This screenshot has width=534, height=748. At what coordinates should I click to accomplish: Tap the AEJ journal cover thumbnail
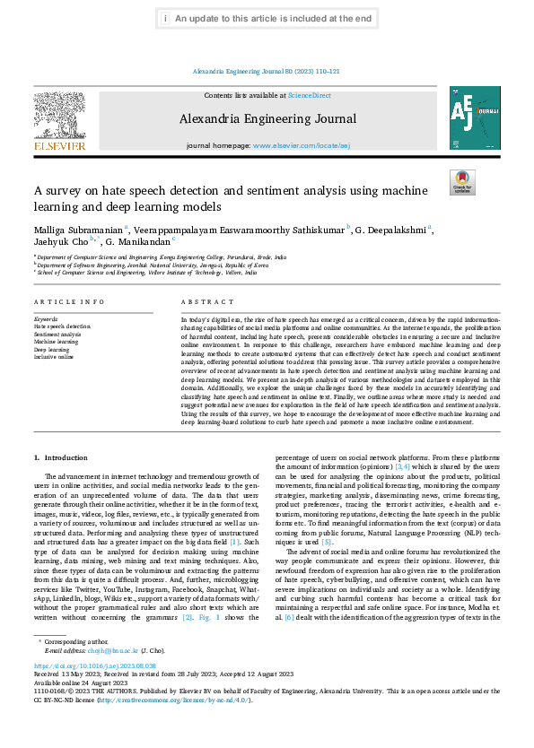click(475, 117)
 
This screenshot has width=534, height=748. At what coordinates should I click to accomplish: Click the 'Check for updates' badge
click(461, 182)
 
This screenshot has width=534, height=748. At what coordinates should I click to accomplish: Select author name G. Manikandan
click(145, 242)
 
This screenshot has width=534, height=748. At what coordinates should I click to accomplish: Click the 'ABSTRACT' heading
click(207, 302)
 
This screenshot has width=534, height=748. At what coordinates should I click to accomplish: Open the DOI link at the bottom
click(94, 691)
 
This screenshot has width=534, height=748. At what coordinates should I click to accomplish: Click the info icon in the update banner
click(167, 18)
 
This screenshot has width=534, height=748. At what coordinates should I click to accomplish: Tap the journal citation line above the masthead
click(267, 72)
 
